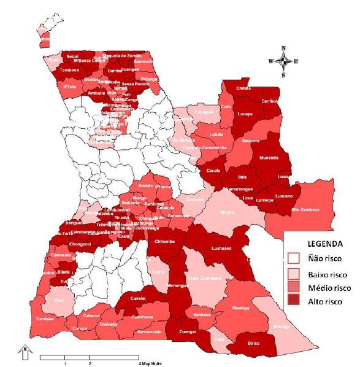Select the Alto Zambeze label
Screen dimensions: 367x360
pyautogui.click(x=305, y=209)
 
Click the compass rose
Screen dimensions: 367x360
pyautogui.click(x=283, y=61)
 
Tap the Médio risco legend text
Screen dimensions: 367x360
pyautogui.click(x=329, y=287)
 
